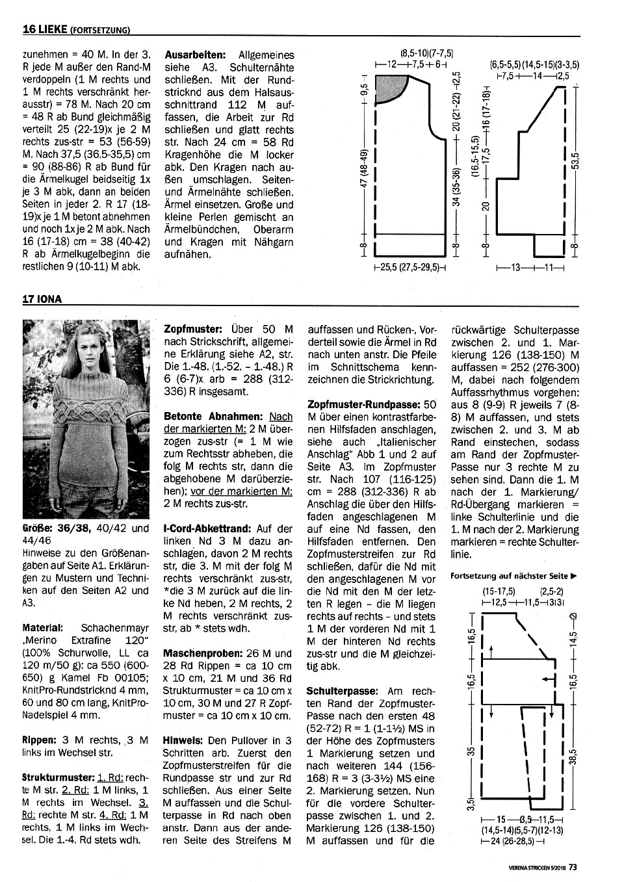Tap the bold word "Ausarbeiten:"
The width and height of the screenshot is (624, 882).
click(x=195, y=55)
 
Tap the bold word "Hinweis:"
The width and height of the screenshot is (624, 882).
click(x=185, y=740)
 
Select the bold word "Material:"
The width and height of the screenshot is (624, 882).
click(x=42, y=629)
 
